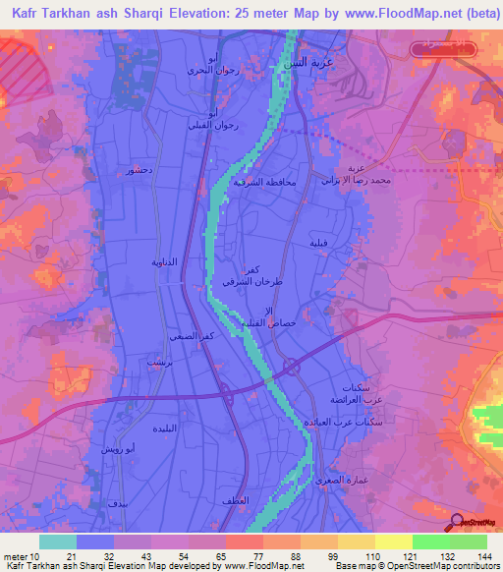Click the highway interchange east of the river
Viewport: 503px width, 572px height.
tap(292, 368)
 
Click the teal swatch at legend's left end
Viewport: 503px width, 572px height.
tap(57, 542)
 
